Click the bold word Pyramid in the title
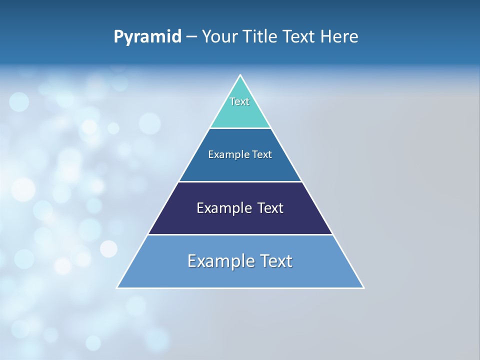click(147, 37)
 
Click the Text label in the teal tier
click(239, 101)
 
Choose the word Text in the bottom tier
click(276, 261)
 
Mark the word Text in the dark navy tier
click(270, 208)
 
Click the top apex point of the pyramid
click(240, 75)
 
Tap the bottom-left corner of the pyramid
click(117, 287)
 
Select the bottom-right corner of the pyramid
click(363, 287)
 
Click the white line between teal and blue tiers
click(240, 128)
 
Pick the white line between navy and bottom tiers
click(240, 234)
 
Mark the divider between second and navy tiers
click(240, 181)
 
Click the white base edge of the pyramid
click(240, 288)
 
